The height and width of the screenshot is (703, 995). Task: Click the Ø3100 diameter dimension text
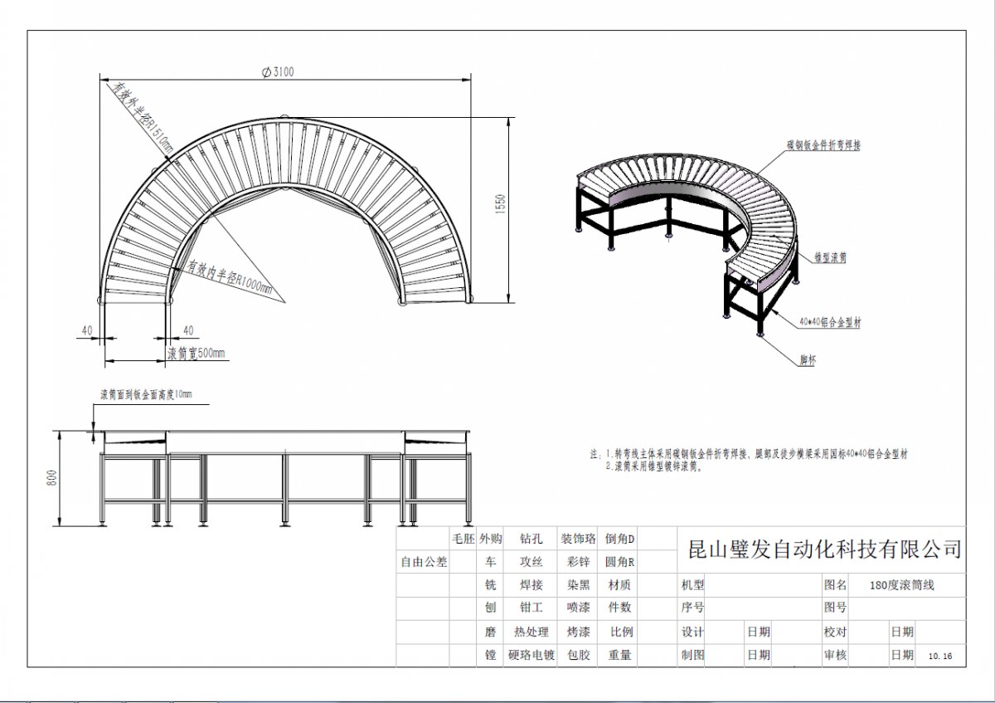click(x=278, y=72)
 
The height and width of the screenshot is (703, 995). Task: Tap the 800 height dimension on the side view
click(x=52, y=478)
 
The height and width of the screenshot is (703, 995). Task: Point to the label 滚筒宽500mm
click(x=197, y=354)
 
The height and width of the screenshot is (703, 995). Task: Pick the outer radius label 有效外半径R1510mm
click(x=143, y=117)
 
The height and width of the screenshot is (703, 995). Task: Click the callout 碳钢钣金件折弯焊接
click(x=823, y=144)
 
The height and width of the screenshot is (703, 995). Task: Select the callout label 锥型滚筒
click(x=829, y=258)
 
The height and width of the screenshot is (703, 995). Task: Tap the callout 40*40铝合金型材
click(x=831, y=321)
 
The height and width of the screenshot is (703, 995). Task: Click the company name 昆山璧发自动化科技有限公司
click(x=825, y=549)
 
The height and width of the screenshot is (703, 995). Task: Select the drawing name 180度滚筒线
click(x=902, y=584)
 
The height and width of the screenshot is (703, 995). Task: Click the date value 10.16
click(x=941, y=656)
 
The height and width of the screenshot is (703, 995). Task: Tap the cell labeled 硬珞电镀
click(x=530, y=655)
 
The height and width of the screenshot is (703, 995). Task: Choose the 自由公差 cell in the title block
click(x=424, y=562)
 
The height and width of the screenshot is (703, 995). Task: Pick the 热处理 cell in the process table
click(x=531, y=632)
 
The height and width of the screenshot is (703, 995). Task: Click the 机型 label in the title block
click(x=692, y=584)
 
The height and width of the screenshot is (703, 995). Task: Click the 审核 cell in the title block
click(x=835, y=655)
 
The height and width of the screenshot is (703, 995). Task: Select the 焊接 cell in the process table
click(x=531, y=585)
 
